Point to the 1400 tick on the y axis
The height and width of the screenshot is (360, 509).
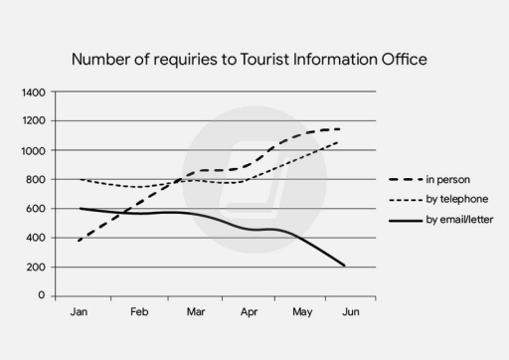coord(34,92)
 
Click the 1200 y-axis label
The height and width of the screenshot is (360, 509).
coord(34,121)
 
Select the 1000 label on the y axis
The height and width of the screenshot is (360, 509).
coord(34,150)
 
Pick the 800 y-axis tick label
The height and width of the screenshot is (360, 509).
coord(37,180)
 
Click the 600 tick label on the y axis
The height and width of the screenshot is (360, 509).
coord(37,209)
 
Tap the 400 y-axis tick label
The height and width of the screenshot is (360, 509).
coord(37,238)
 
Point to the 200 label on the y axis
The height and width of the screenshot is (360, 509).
coord(37,268)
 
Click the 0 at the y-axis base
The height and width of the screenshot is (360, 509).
coord(42,296)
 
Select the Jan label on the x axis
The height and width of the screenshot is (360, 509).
coord(80,312)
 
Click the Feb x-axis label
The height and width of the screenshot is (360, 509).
coord(138,312)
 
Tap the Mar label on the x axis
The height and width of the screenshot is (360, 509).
coord(195,312)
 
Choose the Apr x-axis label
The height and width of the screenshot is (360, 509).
coord(250,312)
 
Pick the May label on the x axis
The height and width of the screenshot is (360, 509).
coord(303,312)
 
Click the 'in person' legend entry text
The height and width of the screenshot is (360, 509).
coord(446,180)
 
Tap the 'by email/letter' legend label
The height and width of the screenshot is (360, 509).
coord(459,218)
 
